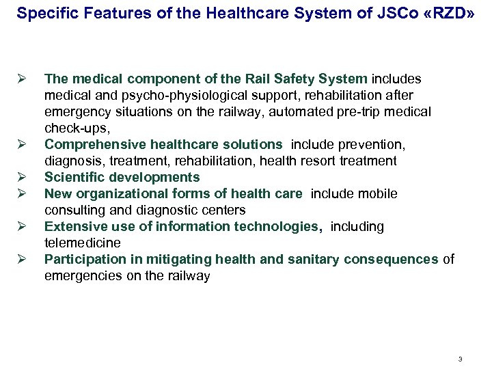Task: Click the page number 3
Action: click(461, 359)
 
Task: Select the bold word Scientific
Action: click(71, 178)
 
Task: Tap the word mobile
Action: click(379, 194)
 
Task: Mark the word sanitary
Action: click(310, 260)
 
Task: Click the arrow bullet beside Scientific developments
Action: click(21, 178)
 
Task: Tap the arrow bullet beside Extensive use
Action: click(21, 227)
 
